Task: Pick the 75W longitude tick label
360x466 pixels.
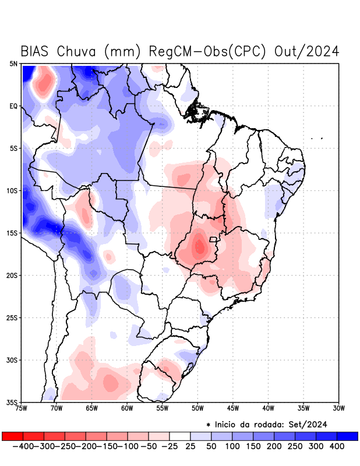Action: [22, 408]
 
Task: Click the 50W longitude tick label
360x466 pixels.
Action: [197, 408]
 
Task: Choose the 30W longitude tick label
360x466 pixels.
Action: [338, 408]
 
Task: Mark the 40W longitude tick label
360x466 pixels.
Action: [268, 408]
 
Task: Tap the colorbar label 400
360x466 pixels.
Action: [336, 446]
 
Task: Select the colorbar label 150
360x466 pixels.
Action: [252, 446]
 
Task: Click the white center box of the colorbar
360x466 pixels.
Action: [180, 436]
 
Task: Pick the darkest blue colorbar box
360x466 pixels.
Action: [347, 436]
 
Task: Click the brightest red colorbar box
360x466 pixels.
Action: [13, 436]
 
